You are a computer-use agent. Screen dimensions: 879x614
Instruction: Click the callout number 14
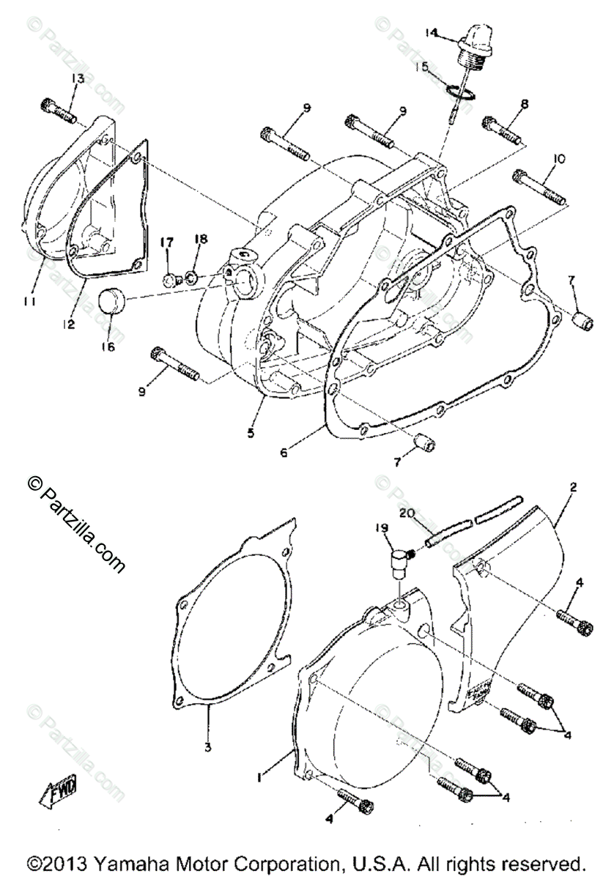(x=430, y=33)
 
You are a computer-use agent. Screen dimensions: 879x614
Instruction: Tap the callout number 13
(x=78, y=78)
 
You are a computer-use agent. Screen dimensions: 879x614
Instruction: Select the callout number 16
(x=108, y=347)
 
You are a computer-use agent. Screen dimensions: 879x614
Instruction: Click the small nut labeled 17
(x=169, y=280)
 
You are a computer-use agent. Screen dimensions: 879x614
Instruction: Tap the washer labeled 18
(x=189, y=278)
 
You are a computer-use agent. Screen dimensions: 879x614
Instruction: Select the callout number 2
(x=573, y=486)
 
